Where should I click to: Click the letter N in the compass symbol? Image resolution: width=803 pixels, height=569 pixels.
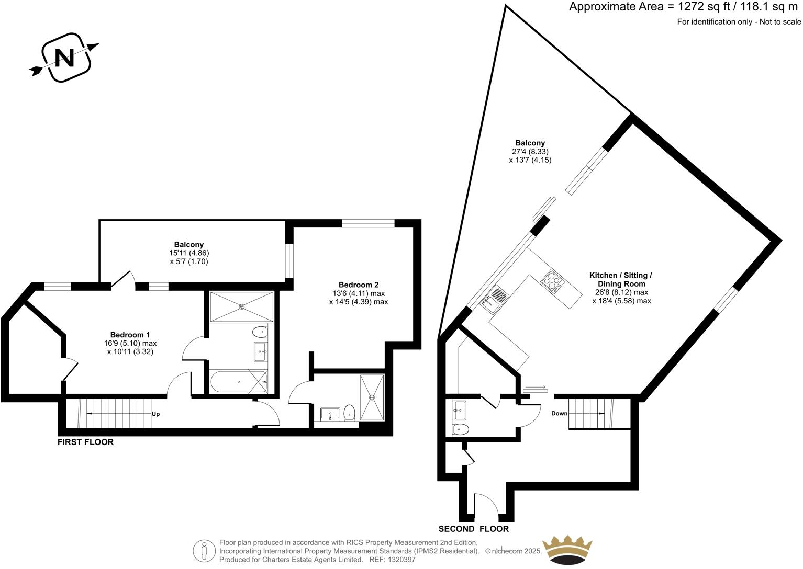click(65, 58)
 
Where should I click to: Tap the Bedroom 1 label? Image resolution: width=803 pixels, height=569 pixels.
click(130, 335)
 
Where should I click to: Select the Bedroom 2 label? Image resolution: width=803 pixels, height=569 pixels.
click(359, 284)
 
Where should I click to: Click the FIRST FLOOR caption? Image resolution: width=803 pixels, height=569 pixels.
click(85, 442)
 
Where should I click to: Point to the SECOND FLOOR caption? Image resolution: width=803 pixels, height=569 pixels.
click(474, 529)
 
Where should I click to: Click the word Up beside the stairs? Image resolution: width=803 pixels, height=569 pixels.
click(155, 414)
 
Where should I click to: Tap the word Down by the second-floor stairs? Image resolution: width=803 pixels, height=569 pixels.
click(559, 413)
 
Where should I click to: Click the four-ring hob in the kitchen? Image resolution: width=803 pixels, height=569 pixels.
click(552, 282)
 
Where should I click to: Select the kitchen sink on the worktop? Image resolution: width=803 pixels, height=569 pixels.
click(494, 299)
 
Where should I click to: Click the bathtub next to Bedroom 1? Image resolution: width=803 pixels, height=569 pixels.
click(239, 382)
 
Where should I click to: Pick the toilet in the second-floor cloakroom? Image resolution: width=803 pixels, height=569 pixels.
click(461, 429)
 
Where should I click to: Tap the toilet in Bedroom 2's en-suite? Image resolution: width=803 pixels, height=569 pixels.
click(349, 413)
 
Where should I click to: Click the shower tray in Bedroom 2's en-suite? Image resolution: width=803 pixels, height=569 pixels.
click(372, 397)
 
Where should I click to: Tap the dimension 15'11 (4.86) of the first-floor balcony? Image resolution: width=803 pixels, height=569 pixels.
click(189, 253)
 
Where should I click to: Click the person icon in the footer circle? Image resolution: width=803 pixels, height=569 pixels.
click(204, 551)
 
